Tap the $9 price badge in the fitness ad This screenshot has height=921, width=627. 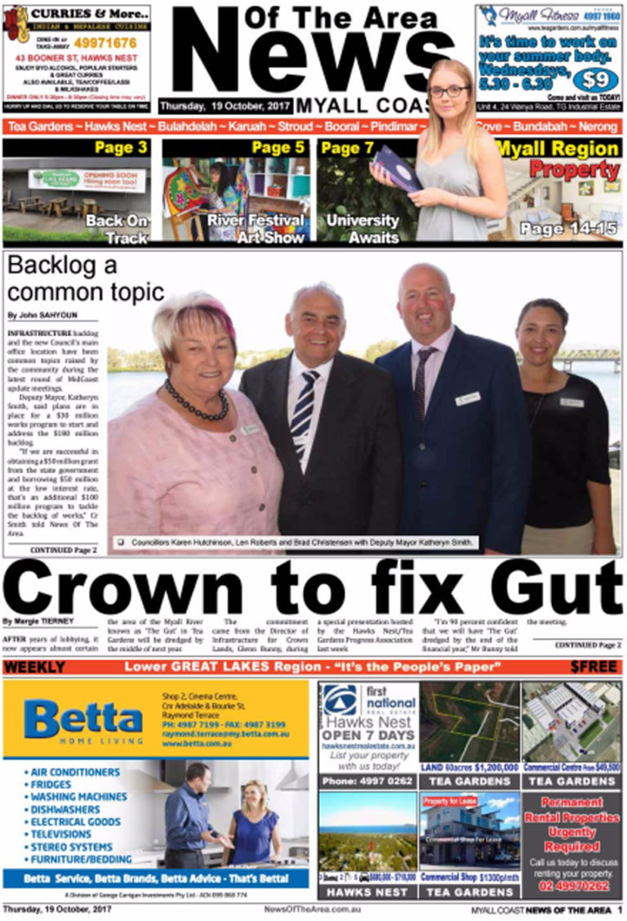coord(595,79)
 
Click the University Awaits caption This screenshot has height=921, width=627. coord(362,228)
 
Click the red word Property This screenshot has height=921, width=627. coord(574,170)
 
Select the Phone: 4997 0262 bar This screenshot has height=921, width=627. coord(367,781)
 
